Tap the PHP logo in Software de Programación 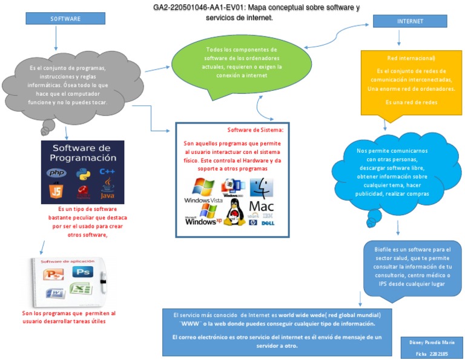click(x=57, y=173)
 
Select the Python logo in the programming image click(x=83, y=173)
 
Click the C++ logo click(x=108, y=172)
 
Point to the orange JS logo click(x=56, y=192)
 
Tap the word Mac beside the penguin click(x=262, y=205)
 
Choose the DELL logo click(x=269, y=223)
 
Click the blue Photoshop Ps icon click(x=86, y=272)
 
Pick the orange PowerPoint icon click(x=55, y=274)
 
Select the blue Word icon click(x=56, y=292)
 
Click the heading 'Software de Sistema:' click(x=255, y=130)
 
